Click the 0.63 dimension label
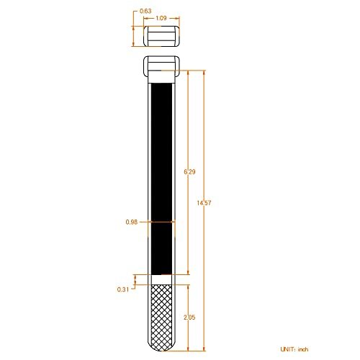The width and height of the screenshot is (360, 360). [145, 11]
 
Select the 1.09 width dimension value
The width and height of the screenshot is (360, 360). [163, 18]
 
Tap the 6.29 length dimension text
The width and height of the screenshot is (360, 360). [189, 171]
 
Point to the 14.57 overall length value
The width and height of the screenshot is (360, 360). [204, 203]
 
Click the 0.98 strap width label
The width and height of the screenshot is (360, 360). [132, 222]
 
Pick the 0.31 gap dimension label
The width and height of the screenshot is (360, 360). [123, 289]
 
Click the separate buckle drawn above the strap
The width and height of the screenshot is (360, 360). [162, 36]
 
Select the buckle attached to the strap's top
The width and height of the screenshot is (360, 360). [162, 69]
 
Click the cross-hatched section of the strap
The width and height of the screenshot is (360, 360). [163, 313]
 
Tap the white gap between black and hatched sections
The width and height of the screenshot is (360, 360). [163, 277]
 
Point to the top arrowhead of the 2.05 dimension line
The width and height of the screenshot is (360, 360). [189, 284]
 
